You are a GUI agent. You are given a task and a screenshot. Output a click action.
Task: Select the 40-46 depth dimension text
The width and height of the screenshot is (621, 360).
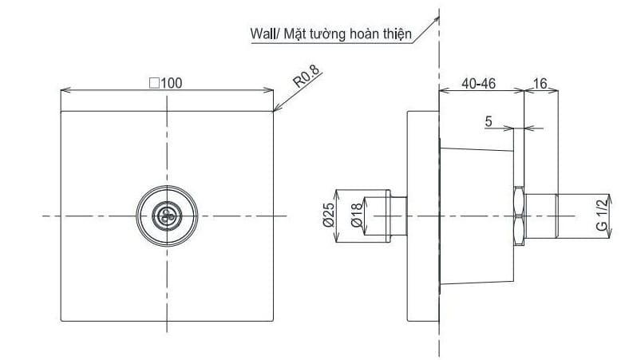click(477, 82)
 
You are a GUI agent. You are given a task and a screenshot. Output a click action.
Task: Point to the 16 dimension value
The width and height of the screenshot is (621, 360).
click(540, 82)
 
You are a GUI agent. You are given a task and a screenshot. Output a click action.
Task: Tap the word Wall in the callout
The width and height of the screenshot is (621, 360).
click(262, 34)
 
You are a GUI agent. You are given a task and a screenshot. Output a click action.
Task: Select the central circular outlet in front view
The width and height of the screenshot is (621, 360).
click(168, 216)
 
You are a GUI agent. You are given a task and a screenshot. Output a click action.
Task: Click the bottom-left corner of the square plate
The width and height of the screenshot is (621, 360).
click(61, 321)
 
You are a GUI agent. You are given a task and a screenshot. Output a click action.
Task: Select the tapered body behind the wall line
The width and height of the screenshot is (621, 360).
click(477, 216)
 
